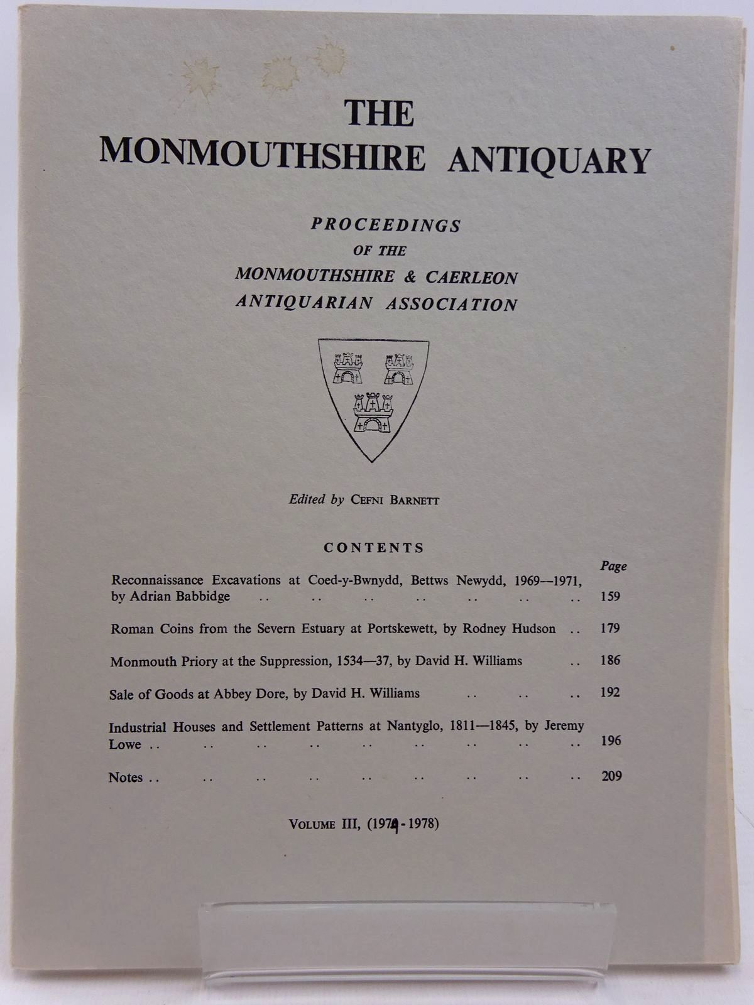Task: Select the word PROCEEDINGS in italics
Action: coord(386,225)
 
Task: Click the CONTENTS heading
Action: coord(374,548)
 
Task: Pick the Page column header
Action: coord(613,566)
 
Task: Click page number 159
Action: coord(610,596)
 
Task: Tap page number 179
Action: coord(610,628)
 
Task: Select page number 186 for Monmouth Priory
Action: coord(610,660)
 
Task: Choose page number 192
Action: coord(610,692)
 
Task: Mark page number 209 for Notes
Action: coord(611,776)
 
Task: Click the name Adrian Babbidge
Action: coord(179,596)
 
